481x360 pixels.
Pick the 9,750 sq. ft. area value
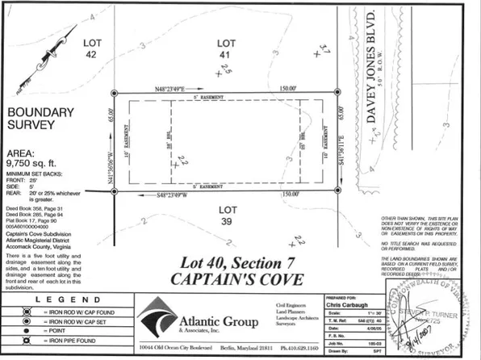click(35, 161)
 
